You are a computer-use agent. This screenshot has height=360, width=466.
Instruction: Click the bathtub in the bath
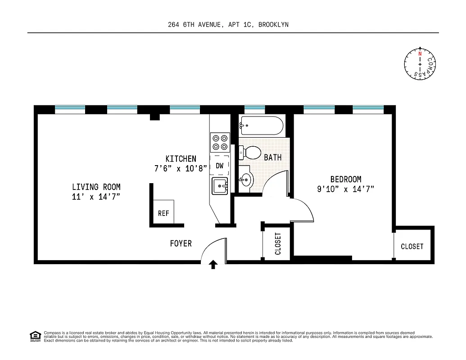pos(262,126)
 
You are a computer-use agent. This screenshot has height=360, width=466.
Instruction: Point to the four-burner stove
pos(220,142)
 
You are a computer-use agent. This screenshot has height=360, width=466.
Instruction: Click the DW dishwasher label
pos(220,166)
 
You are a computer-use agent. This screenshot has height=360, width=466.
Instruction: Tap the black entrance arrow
pos(213,265)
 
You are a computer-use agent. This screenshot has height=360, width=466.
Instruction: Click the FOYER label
pos(181,243)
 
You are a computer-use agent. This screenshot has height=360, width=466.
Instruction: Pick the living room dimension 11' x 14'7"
pos(96,197)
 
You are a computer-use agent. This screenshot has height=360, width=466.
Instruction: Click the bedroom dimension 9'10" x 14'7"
pos(345,189)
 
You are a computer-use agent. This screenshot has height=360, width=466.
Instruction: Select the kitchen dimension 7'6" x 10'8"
pos(180,169)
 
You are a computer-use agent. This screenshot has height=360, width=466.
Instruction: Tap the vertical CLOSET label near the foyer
pos(278,243)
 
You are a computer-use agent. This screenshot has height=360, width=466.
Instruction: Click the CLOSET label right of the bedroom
pos(412,246)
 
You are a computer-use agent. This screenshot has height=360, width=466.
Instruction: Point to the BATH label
pos(273,157)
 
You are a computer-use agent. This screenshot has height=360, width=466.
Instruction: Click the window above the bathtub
pos(254,108)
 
